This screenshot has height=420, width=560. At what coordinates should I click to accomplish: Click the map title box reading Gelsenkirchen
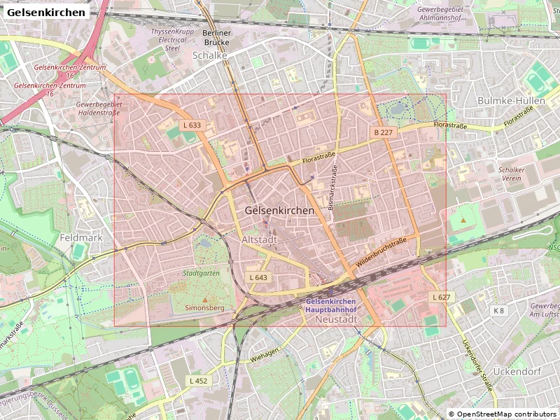46,12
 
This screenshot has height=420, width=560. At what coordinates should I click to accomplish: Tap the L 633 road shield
192,125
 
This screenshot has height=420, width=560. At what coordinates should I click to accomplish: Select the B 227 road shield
383,132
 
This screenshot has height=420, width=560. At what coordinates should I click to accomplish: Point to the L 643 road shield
258,278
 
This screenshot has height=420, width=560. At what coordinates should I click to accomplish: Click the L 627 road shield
441,297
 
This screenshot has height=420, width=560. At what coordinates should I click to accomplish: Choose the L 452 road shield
199,381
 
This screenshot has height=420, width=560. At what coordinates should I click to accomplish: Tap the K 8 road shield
498,310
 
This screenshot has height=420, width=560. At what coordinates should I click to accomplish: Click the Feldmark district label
81,237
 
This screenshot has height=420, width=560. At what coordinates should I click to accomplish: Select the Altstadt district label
259,239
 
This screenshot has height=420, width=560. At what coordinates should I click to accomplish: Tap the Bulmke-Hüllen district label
511,101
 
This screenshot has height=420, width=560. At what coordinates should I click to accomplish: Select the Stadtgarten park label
201,273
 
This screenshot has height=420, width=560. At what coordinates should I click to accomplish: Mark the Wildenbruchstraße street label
381,251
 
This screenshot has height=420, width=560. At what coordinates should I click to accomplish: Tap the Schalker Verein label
511,174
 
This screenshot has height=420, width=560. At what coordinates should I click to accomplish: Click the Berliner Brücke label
216,38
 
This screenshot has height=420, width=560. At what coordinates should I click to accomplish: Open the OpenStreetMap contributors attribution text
503,414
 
